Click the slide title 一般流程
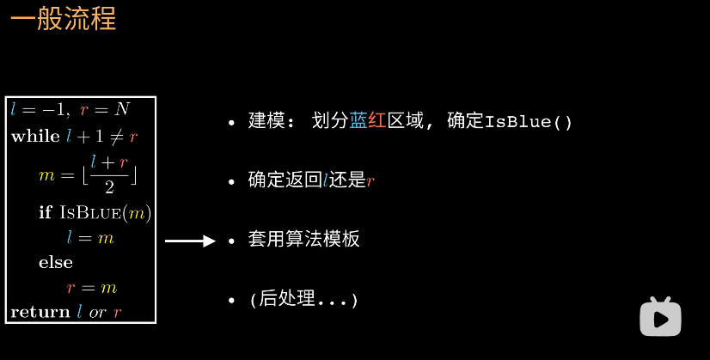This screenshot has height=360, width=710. click(x=63, y=19)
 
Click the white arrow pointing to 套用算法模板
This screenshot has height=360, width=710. click(x=189, y=241)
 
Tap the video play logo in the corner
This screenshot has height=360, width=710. click(x=660, y=317)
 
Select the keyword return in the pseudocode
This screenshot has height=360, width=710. click(x=40, y=312)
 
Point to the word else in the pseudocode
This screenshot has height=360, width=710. click(x=55, y=262)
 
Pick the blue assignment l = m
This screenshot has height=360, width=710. click(x=90, y=237)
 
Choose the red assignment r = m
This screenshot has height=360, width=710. click(x=92, y=287)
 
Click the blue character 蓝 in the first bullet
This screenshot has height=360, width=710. click(x=358, y=121)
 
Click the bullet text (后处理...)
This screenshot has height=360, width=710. click(x=303, y=300)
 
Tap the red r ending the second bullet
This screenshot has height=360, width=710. click(x=370, y=181)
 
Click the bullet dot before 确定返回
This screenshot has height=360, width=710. click(x=231, y=182)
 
